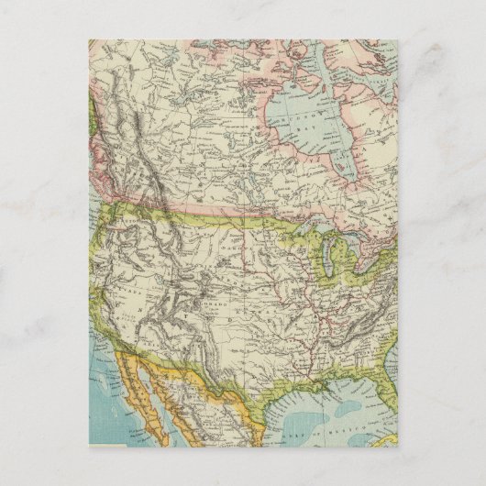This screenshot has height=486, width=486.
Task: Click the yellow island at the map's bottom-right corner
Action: click(391, 438)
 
